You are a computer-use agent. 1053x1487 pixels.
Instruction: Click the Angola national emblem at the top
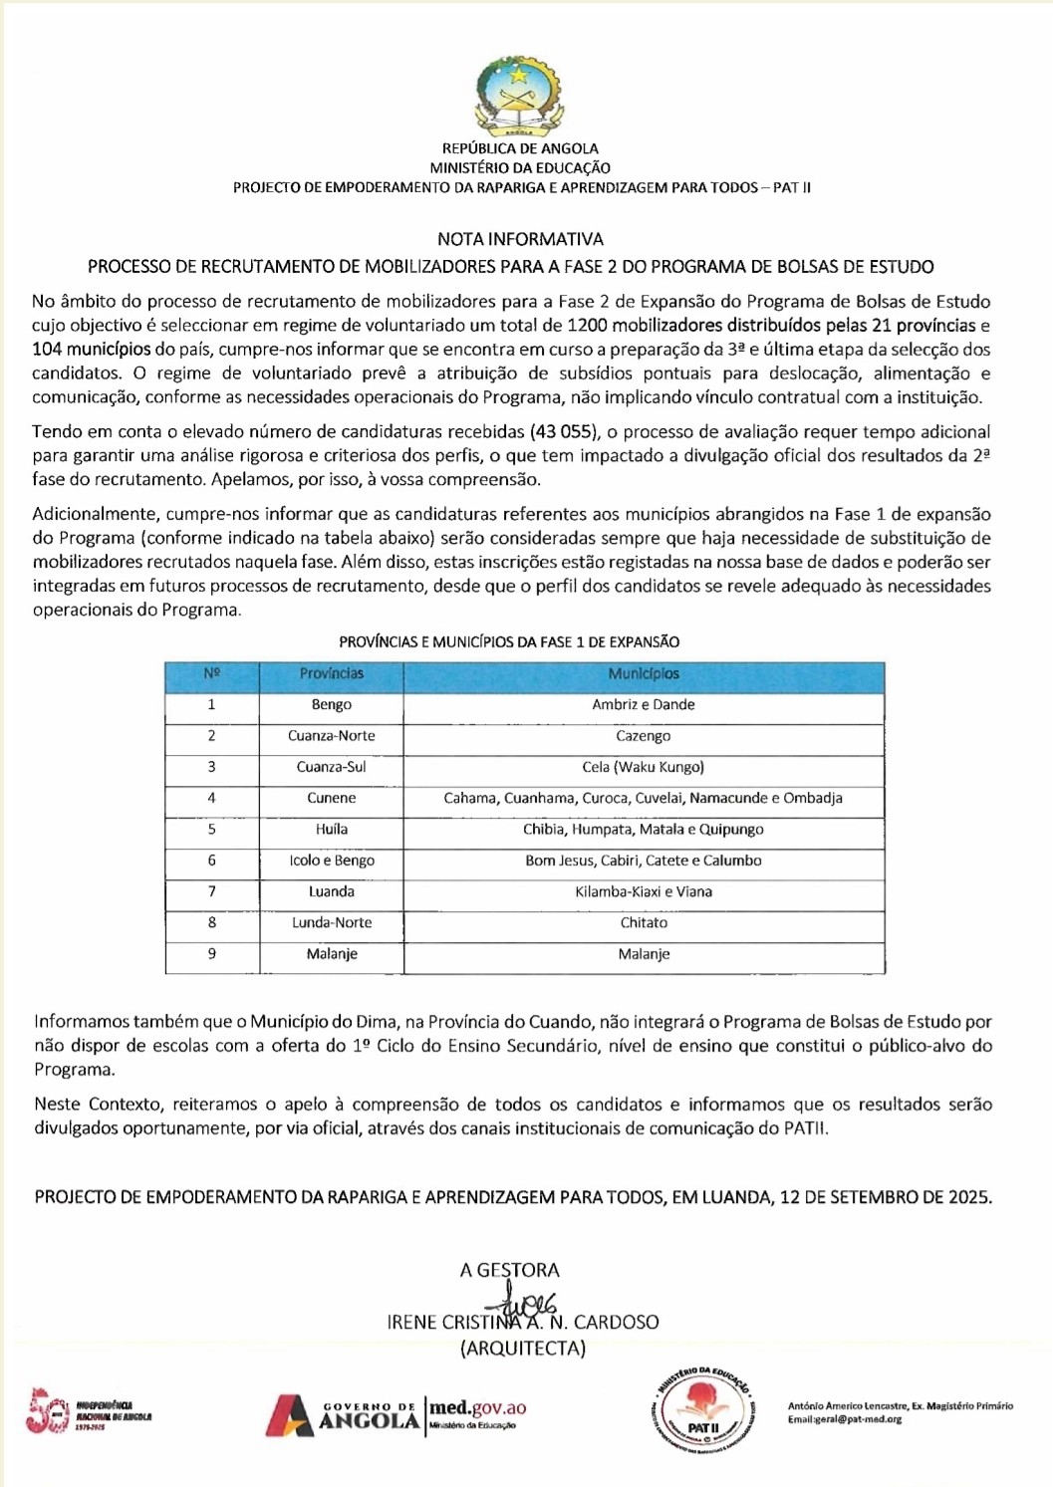520,97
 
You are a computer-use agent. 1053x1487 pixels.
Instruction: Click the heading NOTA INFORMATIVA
520,239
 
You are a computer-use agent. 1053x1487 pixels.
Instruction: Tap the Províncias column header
332,674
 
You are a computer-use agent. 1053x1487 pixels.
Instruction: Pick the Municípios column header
644,674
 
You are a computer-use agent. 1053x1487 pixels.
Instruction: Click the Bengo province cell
332,705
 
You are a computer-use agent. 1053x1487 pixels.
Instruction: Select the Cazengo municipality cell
644,736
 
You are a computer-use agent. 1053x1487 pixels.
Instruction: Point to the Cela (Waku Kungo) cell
644,767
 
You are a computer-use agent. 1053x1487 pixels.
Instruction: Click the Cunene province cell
332,798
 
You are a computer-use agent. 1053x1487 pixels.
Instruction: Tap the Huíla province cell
332,829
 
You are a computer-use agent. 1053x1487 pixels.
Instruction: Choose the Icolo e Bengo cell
332,861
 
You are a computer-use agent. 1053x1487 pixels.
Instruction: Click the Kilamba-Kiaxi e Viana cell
644,891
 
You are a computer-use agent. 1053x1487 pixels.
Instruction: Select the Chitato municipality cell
644,922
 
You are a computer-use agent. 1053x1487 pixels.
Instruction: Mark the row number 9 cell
212,953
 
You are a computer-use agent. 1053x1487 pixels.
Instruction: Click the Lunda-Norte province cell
332,922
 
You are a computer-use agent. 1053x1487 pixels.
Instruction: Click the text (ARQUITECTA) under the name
522,1349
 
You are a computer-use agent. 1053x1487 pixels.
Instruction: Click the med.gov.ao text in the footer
477,1408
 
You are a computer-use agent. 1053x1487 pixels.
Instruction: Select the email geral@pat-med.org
845,1419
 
